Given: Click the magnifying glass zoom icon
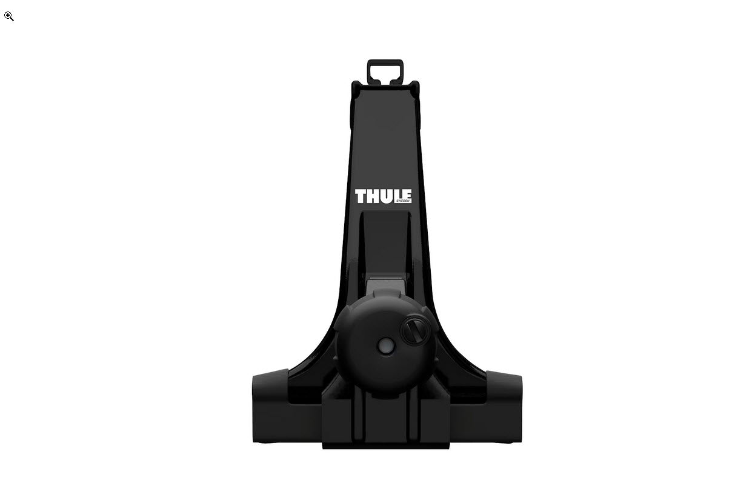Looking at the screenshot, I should pyautogui.click(x=9, y=16).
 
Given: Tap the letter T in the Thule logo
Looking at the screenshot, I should pyautogui.click(x=361, y=196).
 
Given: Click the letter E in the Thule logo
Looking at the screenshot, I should pyautogui.click(x=407, y=195).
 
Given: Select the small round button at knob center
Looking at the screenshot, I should pyautogui.click(x=385, y=346).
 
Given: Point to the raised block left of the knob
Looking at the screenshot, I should pyautogui.click(x=338, y=418).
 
